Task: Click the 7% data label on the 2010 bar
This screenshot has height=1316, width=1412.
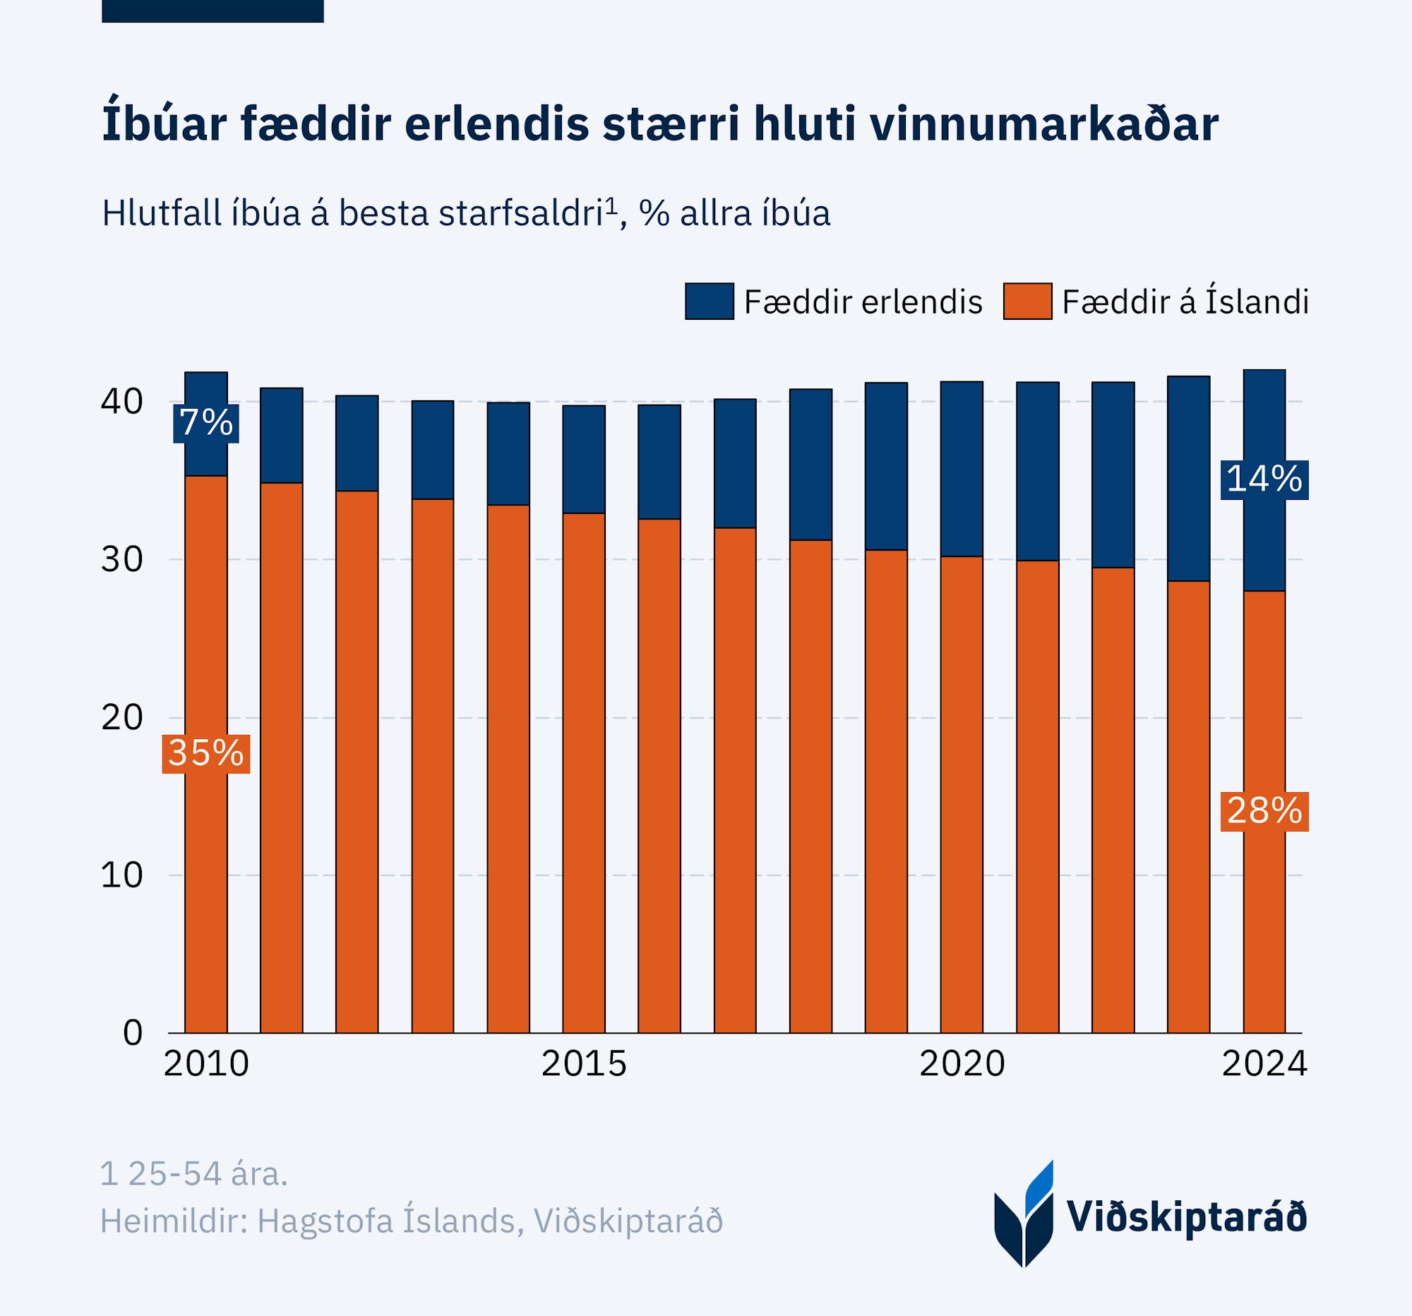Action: (x=206, y=424)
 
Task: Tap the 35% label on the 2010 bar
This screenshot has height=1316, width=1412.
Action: (x=206, y=753)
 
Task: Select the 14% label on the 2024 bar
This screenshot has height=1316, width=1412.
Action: (x=1264, y=479)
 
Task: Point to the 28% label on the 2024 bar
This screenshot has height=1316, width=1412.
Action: (x=1264, y=811)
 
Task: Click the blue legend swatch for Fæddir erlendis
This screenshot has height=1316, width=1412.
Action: (x=709, y=301)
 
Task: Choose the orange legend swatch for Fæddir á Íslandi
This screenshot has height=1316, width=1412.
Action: (x=1027, y=301)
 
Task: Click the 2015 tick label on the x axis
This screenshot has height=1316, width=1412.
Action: (x=584, y=1064)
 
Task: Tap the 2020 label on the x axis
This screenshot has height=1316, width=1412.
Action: (x=962, y=1064)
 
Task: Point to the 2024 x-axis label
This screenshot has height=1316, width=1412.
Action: (x=1264, y=1064)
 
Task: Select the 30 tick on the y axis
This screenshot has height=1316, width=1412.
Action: (x=122, y=560)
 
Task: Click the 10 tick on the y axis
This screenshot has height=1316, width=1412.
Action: (x=122, y=875)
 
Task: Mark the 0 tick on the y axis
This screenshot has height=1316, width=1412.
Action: (x=133, y=1033)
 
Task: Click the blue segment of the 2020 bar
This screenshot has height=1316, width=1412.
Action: (x=962, y=469)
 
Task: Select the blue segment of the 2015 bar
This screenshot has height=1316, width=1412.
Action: (x=584, y=459)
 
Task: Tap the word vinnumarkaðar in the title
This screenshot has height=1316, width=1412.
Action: (x=1043, y=124)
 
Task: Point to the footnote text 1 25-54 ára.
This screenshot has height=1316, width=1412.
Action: (x=194, y=1174)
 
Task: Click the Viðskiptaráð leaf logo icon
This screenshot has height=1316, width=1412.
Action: (x=1024, y=1215)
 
